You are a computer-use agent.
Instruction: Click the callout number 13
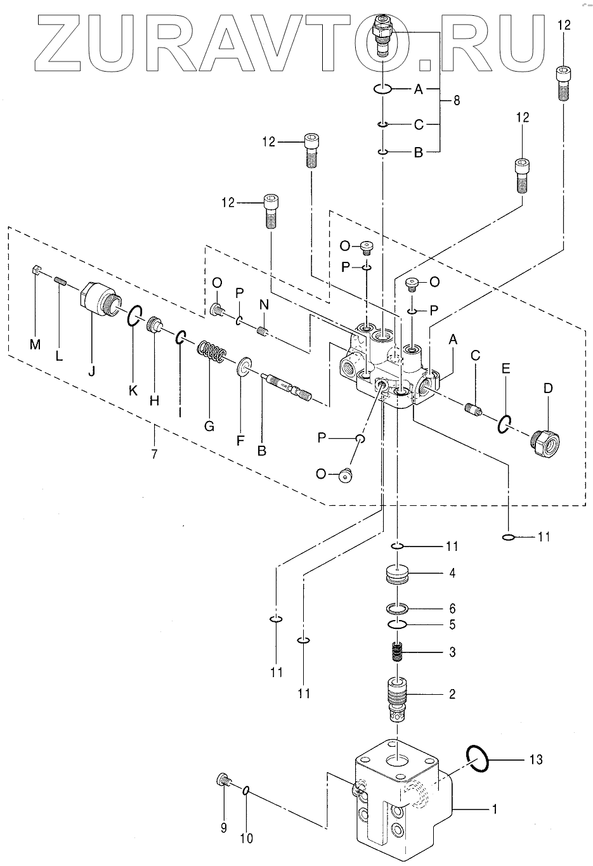coord(536,759)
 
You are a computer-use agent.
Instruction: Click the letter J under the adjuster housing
coord(92,371)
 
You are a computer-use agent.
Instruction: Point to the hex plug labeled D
coord(545,443)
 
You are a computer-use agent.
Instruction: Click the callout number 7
coord(154,453)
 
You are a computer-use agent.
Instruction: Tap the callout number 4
coord(452,573)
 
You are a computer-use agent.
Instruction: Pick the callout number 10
coord(247,838)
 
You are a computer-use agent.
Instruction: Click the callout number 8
coord(457,101)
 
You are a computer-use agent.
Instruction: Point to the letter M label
coord(36,344)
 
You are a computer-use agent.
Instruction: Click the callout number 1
coord(494,809)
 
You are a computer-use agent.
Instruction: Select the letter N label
coord(264,305)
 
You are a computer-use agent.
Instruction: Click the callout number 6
coord(452,609)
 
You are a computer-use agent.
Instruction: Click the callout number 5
coord(452,624)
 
